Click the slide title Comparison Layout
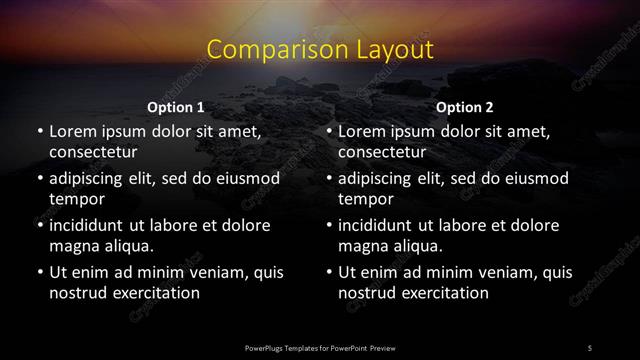[x=320, y=50]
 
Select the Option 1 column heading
[x=176, y=107]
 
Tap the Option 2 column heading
[x=464, y=107]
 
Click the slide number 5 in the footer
[x=590, y=347]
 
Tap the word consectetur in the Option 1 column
[x=92, y=152]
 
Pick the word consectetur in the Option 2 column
[x=382, y=152]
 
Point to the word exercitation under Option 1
[x=154, y=293]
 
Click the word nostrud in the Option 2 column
[x=369, y=293]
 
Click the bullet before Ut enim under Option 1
[x=38, y=272]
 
